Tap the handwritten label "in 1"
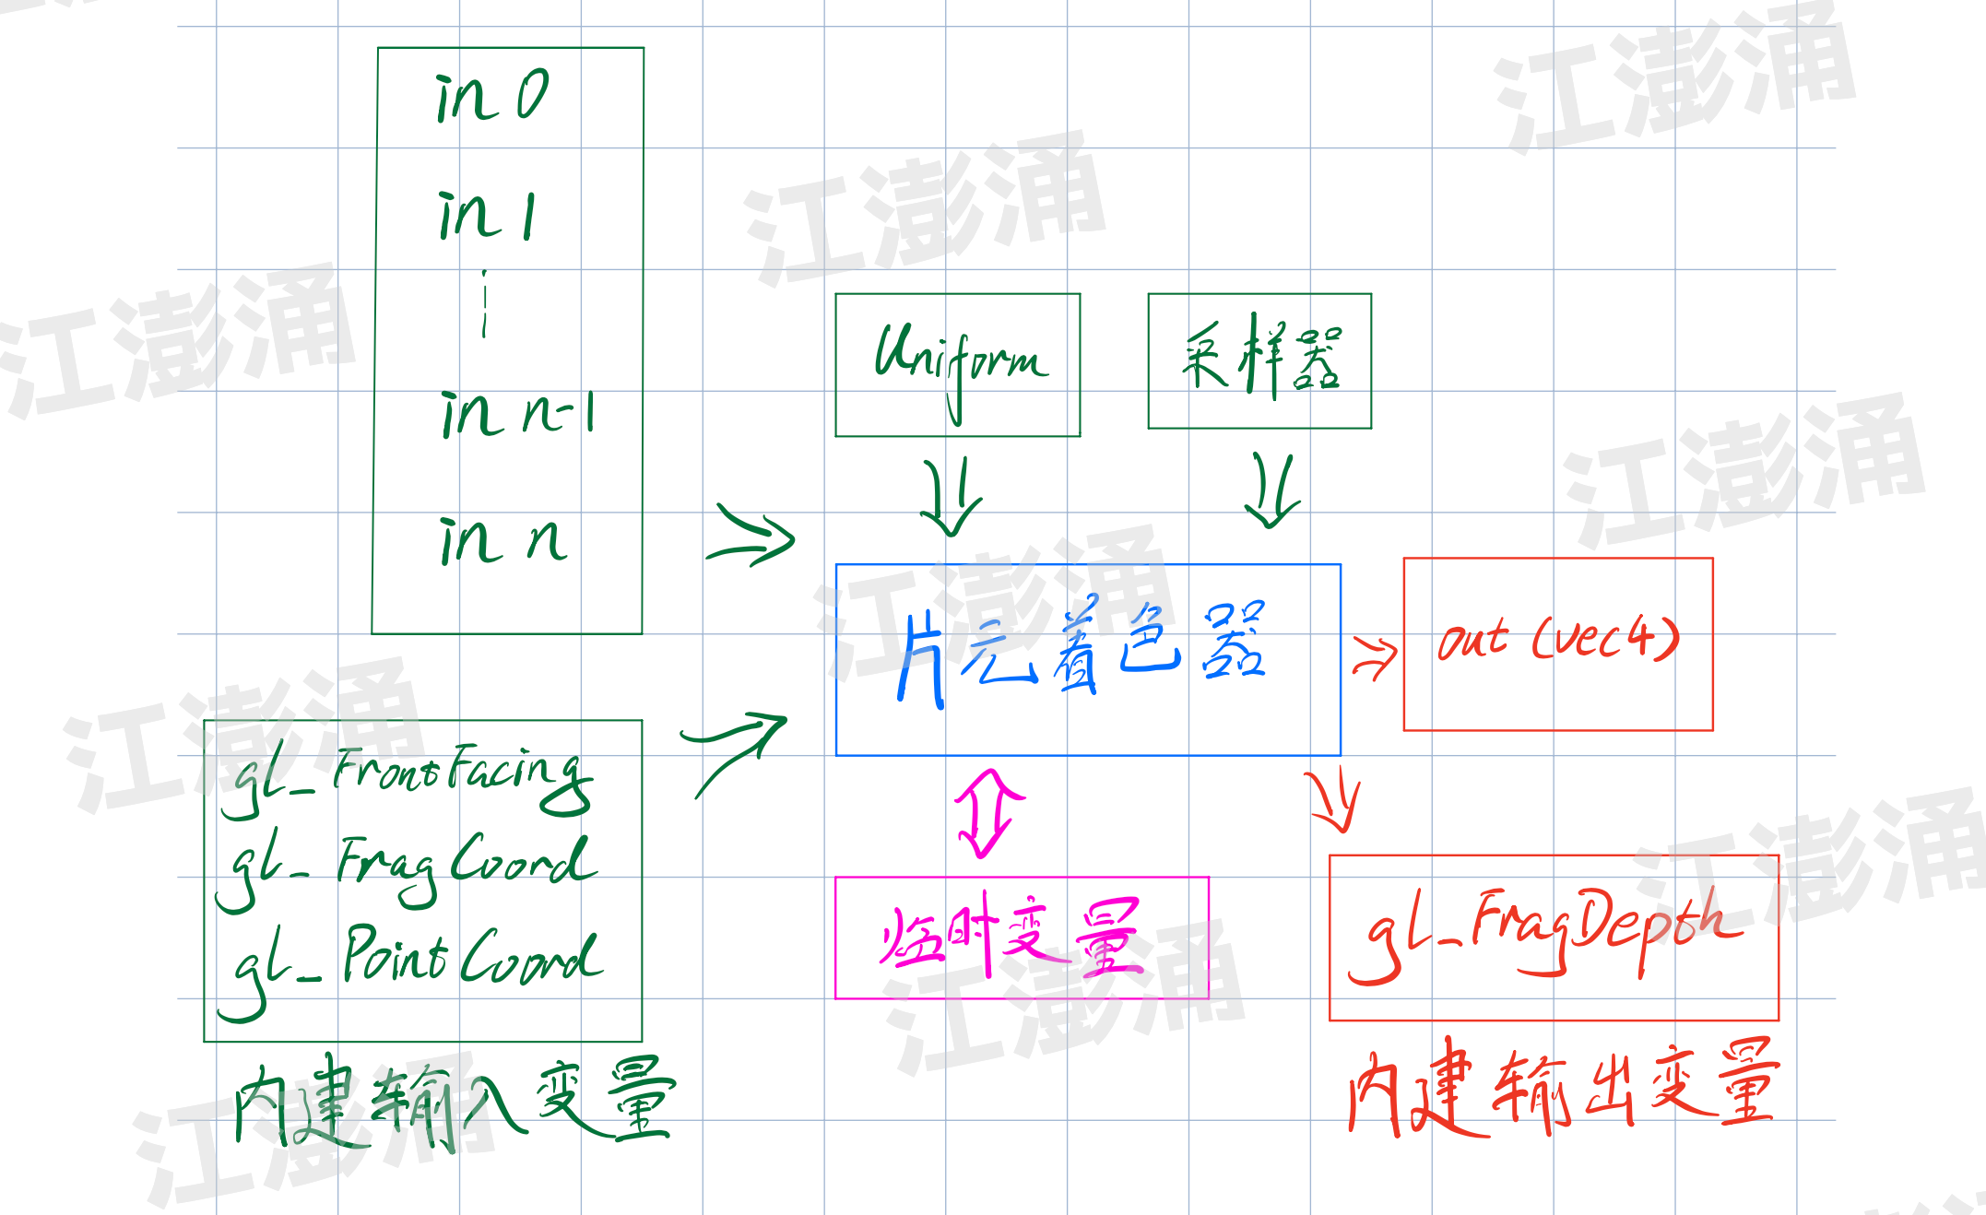[486, 217]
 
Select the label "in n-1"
[518, 414]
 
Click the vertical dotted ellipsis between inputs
[485, 304]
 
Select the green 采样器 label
[1261, 357]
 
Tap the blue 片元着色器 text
[1082, 650]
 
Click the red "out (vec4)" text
[1558, 639]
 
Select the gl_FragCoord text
[406, 867]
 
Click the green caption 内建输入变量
[454, 1101]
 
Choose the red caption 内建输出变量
[1562, 1088]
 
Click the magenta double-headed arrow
[988, 813]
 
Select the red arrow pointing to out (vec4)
[1375, 657]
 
